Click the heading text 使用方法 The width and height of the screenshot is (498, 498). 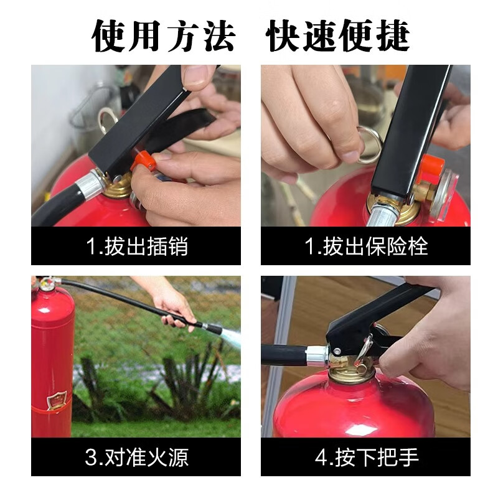pos(164,35)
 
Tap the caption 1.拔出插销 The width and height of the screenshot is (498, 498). pos(136,247)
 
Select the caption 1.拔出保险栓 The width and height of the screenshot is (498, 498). pos(365,247)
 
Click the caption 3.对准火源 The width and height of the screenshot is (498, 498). pos(136,458)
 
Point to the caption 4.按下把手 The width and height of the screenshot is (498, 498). pos(366,458)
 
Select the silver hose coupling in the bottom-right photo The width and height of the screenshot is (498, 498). pos(317,355)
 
